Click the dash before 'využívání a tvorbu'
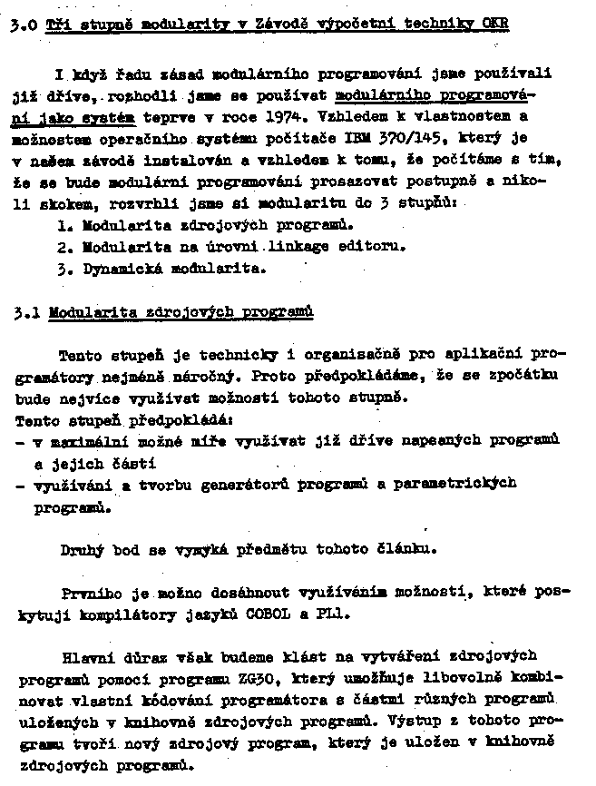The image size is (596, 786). [x=20, y=486]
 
